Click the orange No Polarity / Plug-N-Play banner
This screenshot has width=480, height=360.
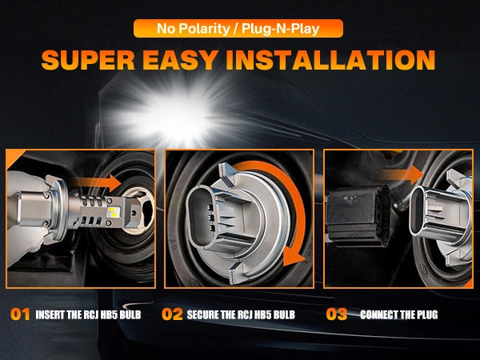click(238, 29)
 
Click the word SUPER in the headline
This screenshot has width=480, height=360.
click(88, 60)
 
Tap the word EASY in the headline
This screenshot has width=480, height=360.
click(181, 60)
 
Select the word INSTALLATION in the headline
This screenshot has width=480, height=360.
click(330, 60)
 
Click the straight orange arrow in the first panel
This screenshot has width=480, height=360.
click(98, 183)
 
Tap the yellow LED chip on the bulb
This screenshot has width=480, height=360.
click(113, 212)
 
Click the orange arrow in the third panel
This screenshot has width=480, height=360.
click(402, 174)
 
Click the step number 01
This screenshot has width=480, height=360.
click(20, 314)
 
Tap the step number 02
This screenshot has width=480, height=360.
click(172, 314)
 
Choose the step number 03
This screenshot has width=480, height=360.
click(337, 314)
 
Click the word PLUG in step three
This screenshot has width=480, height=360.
click(427, 314)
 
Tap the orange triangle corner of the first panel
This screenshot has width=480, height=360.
click(14, 158)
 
